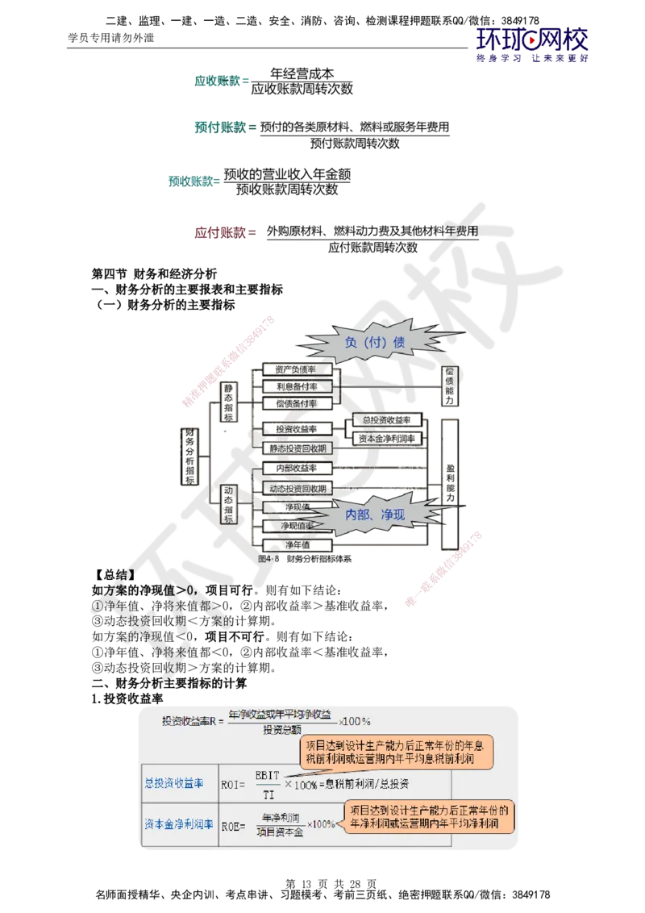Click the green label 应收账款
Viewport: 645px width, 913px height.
click(x=218, y=81)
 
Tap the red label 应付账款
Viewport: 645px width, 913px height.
click(x=220, y=232)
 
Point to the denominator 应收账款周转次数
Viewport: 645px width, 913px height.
click(x=303, y=90)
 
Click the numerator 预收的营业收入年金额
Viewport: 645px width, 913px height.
click(x=288, y=174)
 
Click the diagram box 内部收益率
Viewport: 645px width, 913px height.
click(x=295, y=468)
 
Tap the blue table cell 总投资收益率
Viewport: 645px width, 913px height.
click(x=173, y=783)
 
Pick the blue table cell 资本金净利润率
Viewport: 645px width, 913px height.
click(x=179, y=824)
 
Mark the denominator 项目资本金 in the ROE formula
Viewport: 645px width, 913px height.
click(x=280, y=832)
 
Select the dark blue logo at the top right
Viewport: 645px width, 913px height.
click(x=533, y=44)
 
